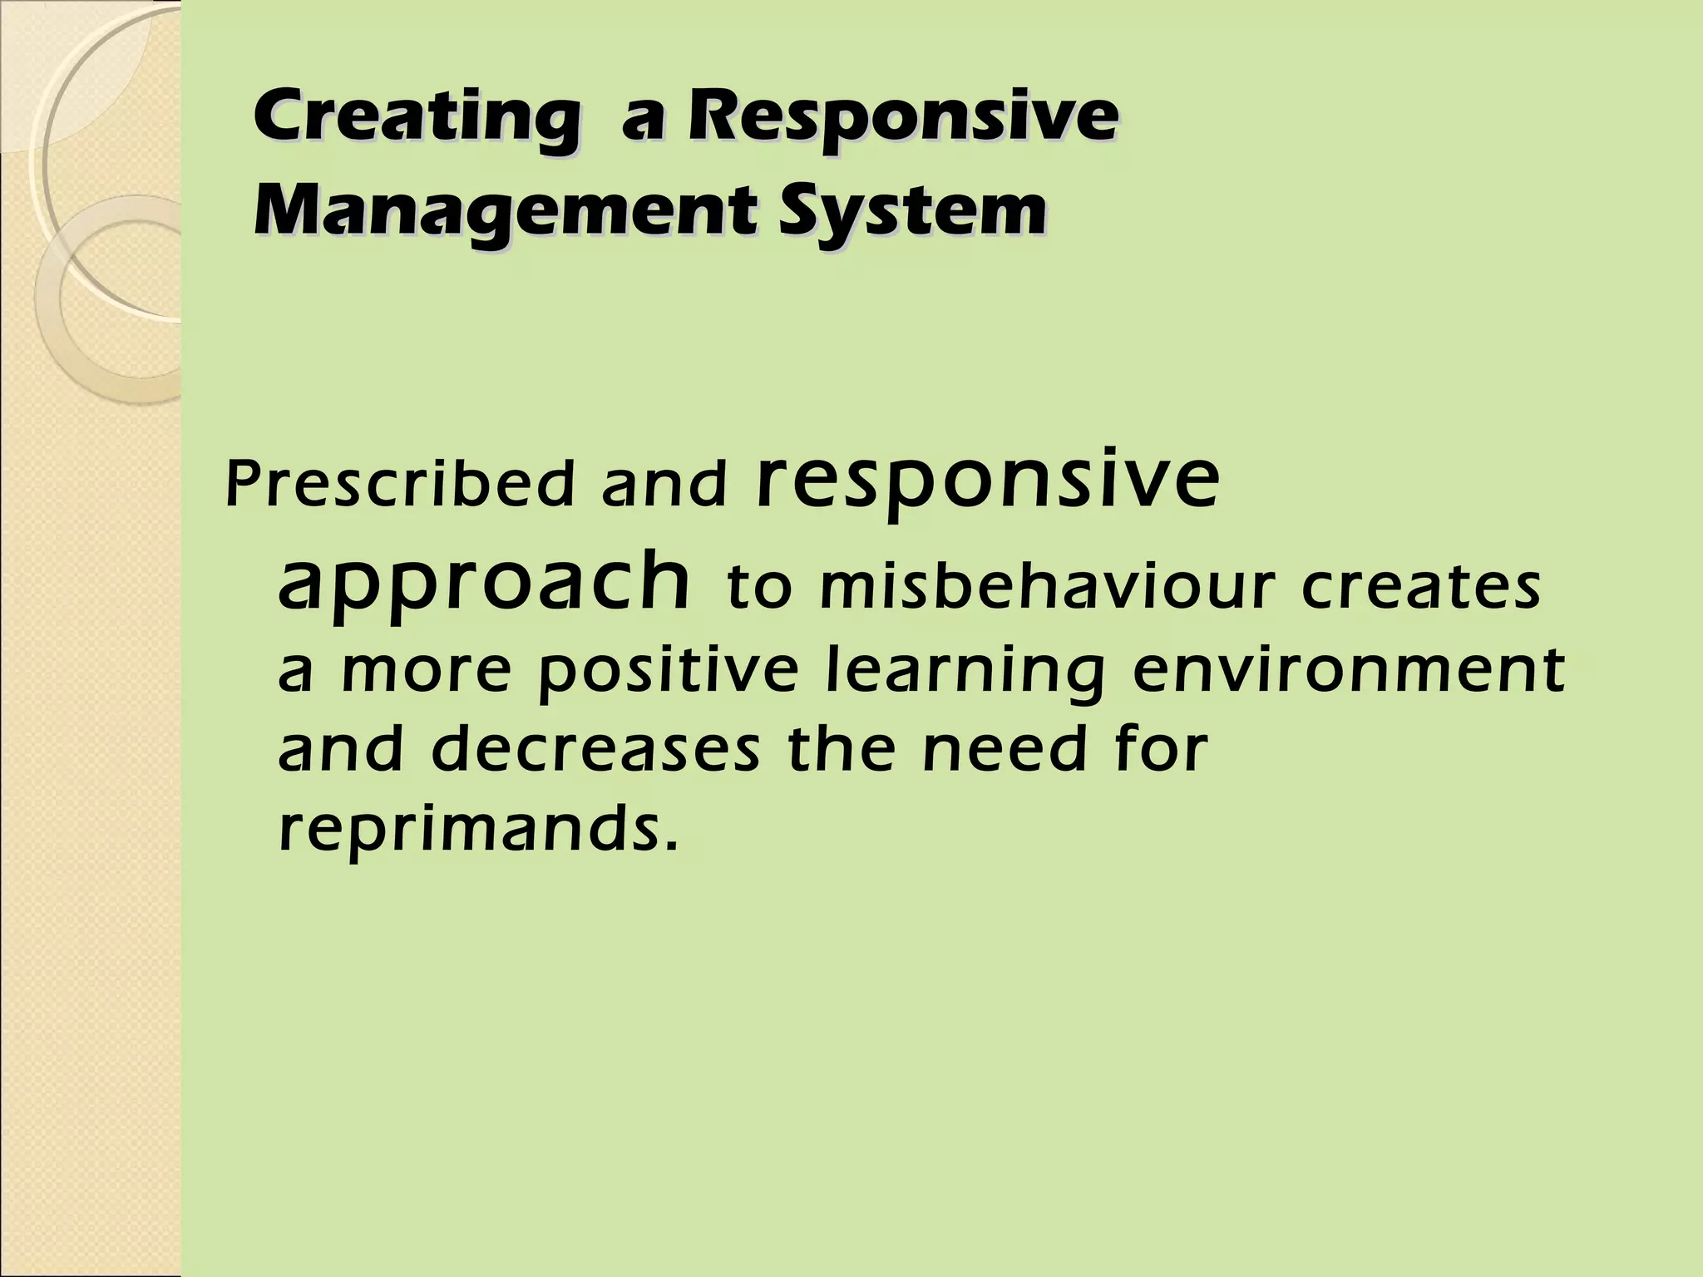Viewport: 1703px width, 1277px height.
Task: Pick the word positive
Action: click(668, 673)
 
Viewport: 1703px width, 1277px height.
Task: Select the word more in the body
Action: click(425, 673)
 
